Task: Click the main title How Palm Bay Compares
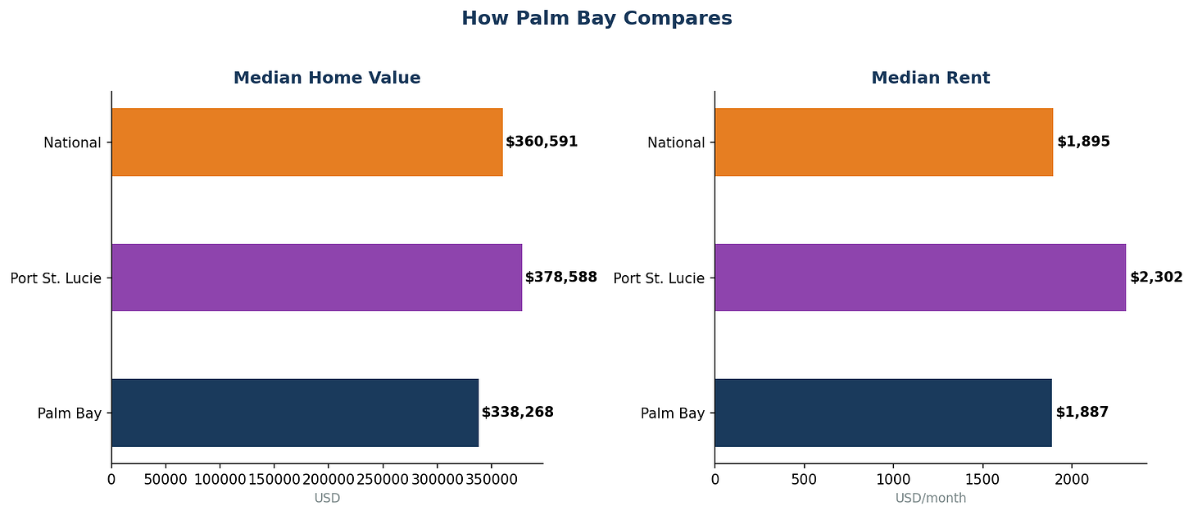[x=596, y=18]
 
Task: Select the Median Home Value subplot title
[x=327, y=78]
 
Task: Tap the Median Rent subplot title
[x=930, y=78]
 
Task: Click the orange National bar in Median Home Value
[x=306, y=142]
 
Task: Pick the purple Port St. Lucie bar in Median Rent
[x=919, y=278]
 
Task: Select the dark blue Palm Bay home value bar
[x=294, y=413]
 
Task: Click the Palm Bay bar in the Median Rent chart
[x=882, y=413]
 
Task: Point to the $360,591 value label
[x=542, y=142]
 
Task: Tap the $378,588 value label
[x=561, y=278]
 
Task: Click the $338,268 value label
[x=518, y=413]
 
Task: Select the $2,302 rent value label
[x=1156, y=278]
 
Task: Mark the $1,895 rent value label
[x=1083, y=142]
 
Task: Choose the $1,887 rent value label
[x=1082, y=413]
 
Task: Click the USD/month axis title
[x=930, y=498]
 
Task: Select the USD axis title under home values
[x=327, y=498]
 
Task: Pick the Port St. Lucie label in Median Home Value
[x=56, y=278]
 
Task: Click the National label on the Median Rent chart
[x=675, y=142]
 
